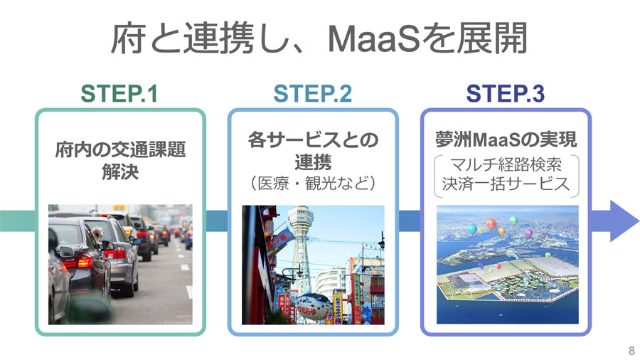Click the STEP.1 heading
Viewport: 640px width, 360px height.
[119, 93]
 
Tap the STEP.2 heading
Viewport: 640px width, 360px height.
[313, 93]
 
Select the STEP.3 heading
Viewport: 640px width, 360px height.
[506, 93]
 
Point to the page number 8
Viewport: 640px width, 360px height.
[631, 350]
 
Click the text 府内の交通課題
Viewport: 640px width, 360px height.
[120, 150]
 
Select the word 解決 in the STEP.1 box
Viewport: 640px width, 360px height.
[120, 171]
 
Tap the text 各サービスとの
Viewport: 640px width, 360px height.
[313, 140]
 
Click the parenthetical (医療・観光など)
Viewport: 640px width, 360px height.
[313, 183]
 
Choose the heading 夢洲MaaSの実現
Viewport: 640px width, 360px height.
[506, 139]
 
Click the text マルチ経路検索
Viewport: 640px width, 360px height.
[506, 164]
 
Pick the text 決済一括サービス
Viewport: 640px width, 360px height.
[506, 184]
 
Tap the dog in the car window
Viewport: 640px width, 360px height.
[97, 233]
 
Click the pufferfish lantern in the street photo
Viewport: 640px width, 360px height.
[313, 307]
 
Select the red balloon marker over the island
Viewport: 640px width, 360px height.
[491, 223]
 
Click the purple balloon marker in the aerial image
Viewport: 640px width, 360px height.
[528, 234]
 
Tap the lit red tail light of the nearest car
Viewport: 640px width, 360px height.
[84, 261]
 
